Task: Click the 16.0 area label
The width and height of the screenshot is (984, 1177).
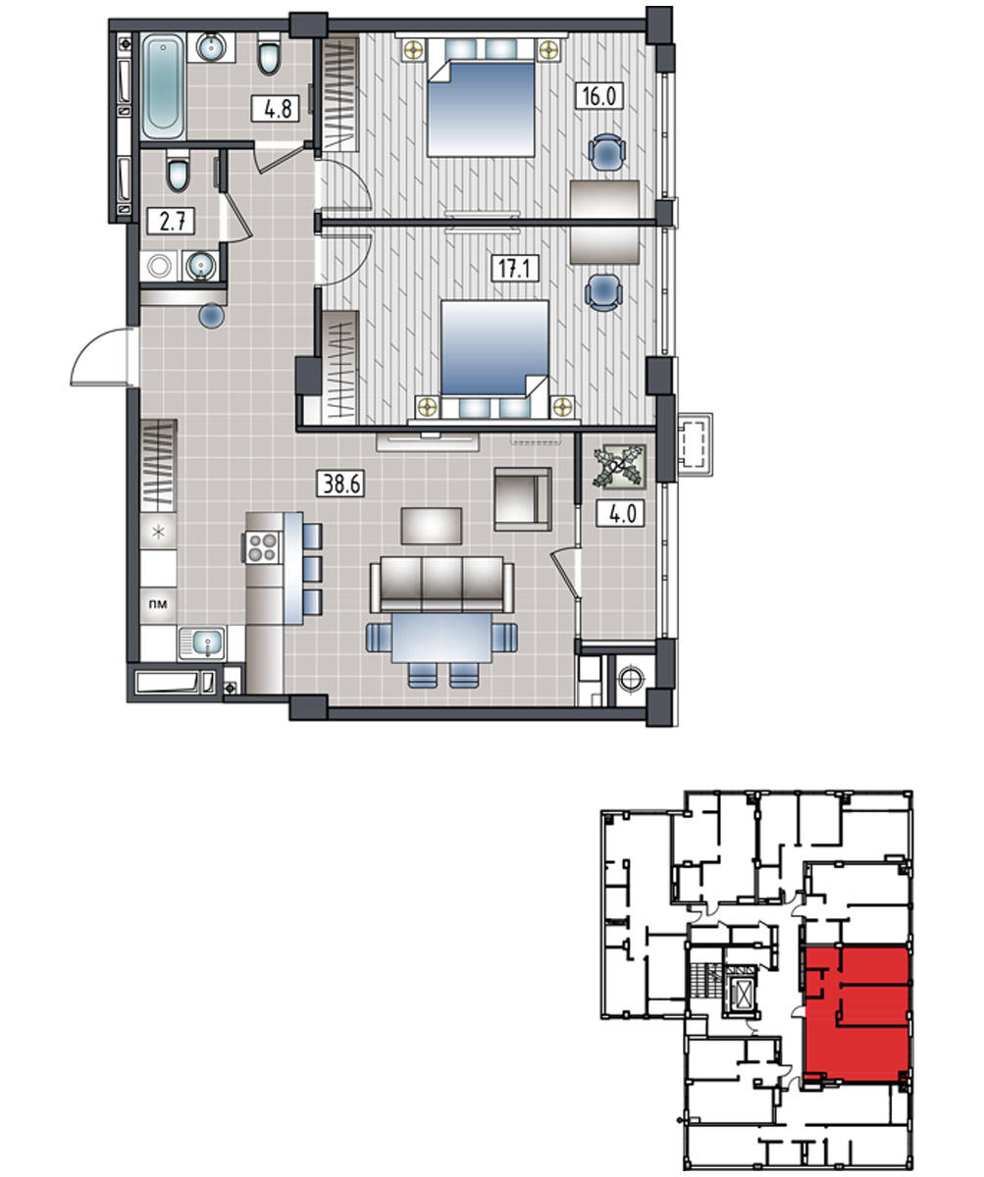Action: click(x=598, y=96)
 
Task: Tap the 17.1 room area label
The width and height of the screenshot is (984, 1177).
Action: click(x=515, y=269)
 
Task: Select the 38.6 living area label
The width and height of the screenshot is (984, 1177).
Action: click(x=341, y=484)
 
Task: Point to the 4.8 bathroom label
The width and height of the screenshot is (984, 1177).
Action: click(x=275, y=108)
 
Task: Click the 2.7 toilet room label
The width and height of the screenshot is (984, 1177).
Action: click(x=171, y=221)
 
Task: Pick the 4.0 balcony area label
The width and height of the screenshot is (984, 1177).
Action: click(x=620, y=514)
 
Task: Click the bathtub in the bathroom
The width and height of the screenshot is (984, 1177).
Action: click(x=163, y=85)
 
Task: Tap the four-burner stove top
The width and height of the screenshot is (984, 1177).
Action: click(x=262, y=547)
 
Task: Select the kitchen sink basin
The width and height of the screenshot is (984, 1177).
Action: click(x=207, y=642)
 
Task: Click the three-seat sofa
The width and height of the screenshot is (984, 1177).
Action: click(x=442, y=584)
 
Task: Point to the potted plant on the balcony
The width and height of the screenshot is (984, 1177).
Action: click(x=619, y=466)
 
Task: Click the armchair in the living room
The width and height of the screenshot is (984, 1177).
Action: click(x=523, y=499)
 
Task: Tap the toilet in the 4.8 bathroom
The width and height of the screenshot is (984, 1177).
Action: click(x=270, y=54)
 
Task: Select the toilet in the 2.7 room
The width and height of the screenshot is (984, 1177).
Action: click(x=179, y=172)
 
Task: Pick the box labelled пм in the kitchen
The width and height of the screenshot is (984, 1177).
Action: click(x=158, y=605)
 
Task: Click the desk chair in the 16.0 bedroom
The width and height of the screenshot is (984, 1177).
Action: click(x=606, y=152)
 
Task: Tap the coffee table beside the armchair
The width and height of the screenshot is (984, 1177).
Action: click(x=432, y=526)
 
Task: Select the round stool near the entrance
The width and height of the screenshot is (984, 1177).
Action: click(x=212, y=316)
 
